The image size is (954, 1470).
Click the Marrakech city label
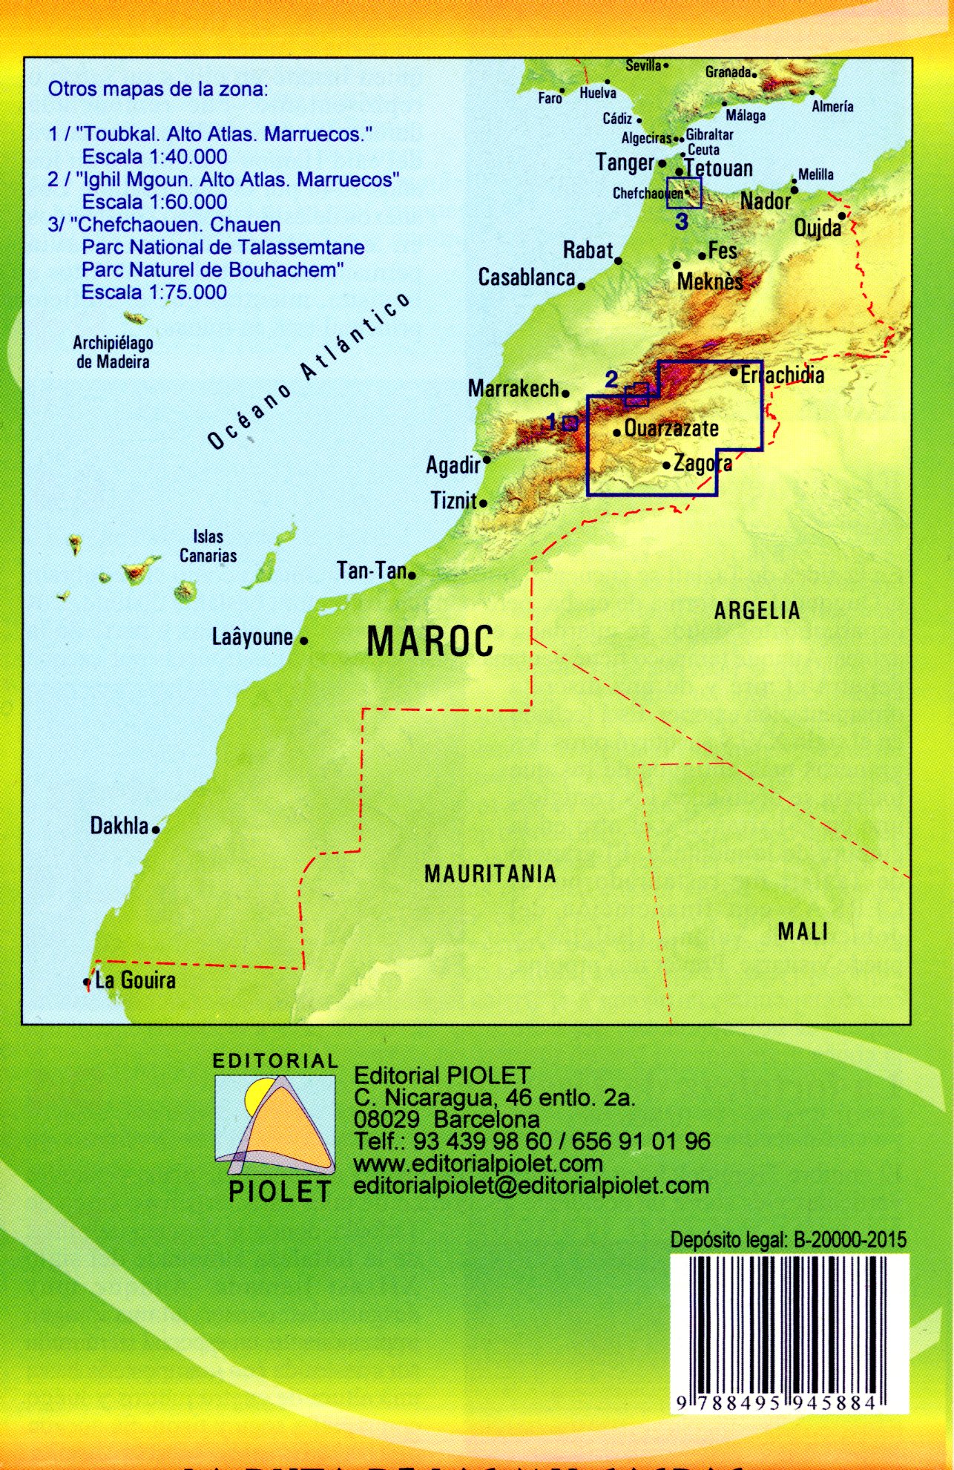click(513, 388)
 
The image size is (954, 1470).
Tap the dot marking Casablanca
click(582, 286)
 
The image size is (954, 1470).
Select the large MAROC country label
click(430, 642)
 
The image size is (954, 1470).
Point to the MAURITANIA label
click(490, 874)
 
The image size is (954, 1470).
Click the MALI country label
click(802, 932)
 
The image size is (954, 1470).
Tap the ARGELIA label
click(757, 611)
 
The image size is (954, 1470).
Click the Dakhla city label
click(119, 826)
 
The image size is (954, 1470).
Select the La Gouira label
click(135, 981)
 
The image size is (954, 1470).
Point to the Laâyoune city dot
click(303, 640)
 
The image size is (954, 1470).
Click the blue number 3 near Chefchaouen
click(682, 221)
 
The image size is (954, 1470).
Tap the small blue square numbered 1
click(570, 423)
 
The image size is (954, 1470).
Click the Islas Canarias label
click(208, 545)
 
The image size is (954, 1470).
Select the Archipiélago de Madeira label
click(113, 352)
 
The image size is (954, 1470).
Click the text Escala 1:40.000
click(154, 157)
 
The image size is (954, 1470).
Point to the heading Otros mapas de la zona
click(157, 90)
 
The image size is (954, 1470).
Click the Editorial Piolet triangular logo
click(275, 1125)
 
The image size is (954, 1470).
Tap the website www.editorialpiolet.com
click(478, 1164)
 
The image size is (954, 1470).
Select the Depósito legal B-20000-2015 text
click(788, 1240)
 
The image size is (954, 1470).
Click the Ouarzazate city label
click(671, 428)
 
